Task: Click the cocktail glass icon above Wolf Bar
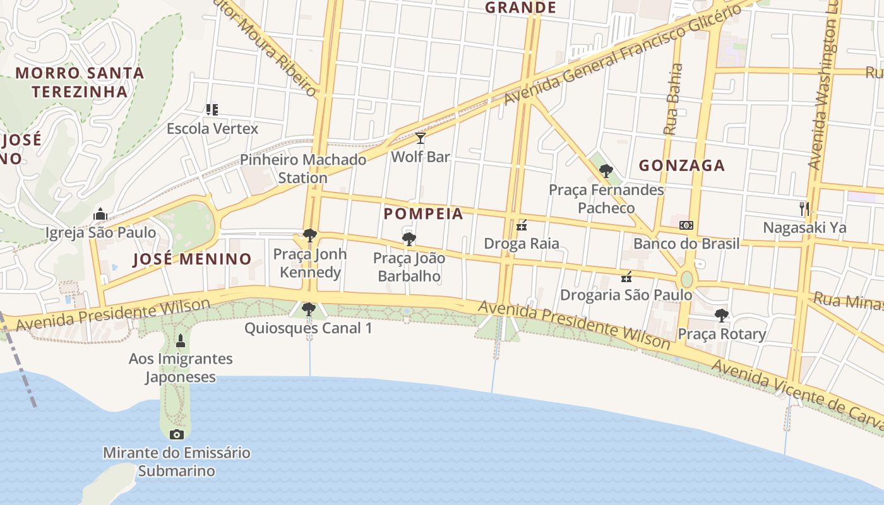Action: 420,138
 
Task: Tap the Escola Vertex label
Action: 212,129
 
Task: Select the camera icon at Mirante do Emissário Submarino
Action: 177,434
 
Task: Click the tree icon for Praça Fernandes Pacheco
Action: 606,170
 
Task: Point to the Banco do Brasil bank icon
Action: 686,225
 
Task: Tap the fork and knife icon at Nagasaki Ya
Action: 804,208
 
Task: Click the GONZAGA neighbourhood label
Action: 681,166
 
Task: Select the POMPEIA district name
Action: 423,214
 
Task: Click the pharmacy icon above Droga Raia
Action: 522,225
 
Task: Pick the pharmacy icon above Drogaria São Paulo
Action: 626,276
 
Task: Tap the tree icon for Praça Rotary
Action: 721,315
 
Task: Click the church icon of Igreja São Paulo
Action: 100,215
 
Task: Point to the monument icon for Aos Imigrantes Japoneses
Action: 181,341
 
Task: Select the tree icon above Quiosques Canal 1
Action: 309,309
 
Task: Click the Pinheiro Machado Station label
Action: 302,169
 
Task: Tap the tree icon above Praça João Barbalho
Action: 409,239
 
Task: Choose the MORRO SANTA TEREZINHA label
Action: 80,82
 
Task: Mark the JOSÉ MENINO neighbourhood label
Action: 192,259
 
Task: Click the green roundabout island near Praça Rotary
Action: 686,279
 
